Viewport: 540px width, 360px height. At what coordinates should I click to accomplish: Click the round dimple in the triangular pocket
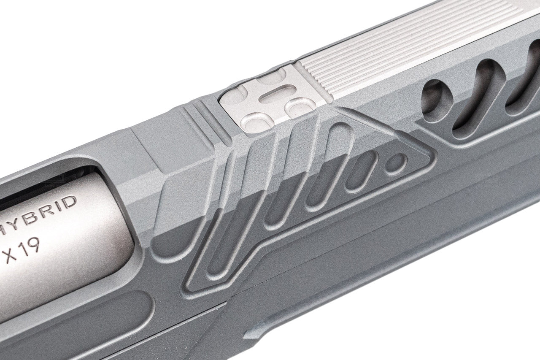(x=396, y=162)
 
